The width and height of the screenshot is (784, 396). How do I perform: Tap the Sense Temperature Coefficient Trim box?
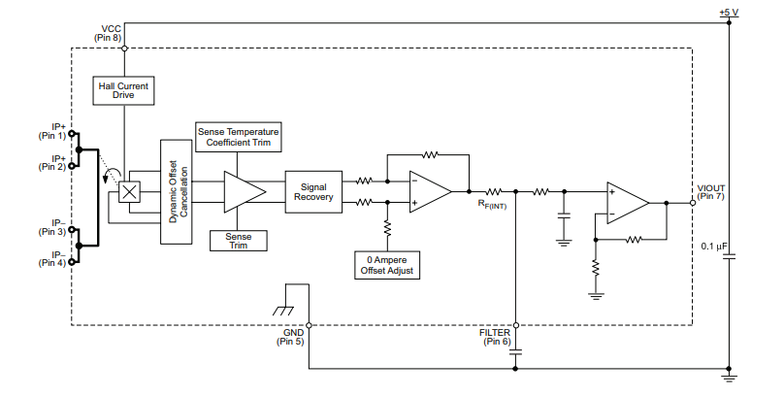(239, 137)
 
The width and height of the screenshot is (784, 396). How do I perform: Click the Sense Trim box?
(239, 241)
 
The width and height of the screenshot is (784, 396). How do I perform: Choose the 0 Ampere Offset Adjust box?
(387, 265)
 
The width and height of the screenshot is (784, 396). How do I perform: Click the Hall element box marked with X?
(127, 191)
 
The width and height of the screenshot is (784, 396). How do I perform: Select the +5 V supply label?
(729, 13)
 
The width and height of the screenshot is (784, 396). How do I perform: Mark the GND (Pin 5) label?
(290, 337)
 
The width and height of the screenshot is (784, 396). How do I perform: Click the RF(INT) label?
(491, 205)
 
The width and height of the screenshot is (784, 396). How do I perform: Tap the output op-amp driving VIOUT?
(627, 203)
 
